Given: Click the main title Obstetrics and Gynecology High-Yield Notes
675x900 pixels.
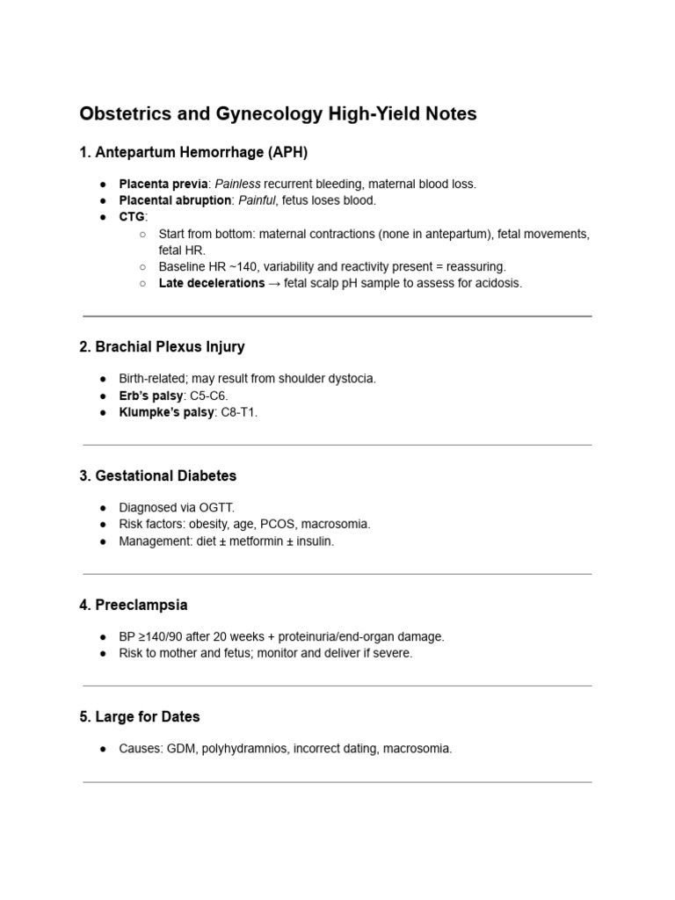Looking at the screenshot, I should click(278, 114).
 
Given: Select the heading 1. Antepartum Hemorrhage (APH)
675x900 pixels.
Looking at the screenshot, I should click(193, 153).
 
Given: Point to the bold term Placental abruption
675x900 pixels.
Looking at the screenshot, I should click(176, 200).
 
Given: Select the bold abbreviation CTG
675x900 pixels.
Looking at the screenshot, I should click(132, 216).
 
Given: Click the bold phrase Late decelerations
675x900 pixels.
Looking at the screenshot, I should click(211, 283).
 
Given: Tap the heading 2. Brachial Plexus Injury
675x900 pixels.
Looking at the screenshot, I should click(162, 347).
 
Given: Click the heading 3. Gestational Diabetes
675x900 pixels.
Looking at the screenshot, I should click(158, 476).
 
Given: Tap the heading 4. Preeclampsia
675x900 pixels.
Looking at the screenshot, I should click(134, 606).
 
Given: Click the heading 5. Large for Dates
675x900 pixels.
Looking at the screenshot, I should click(140, 717).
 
